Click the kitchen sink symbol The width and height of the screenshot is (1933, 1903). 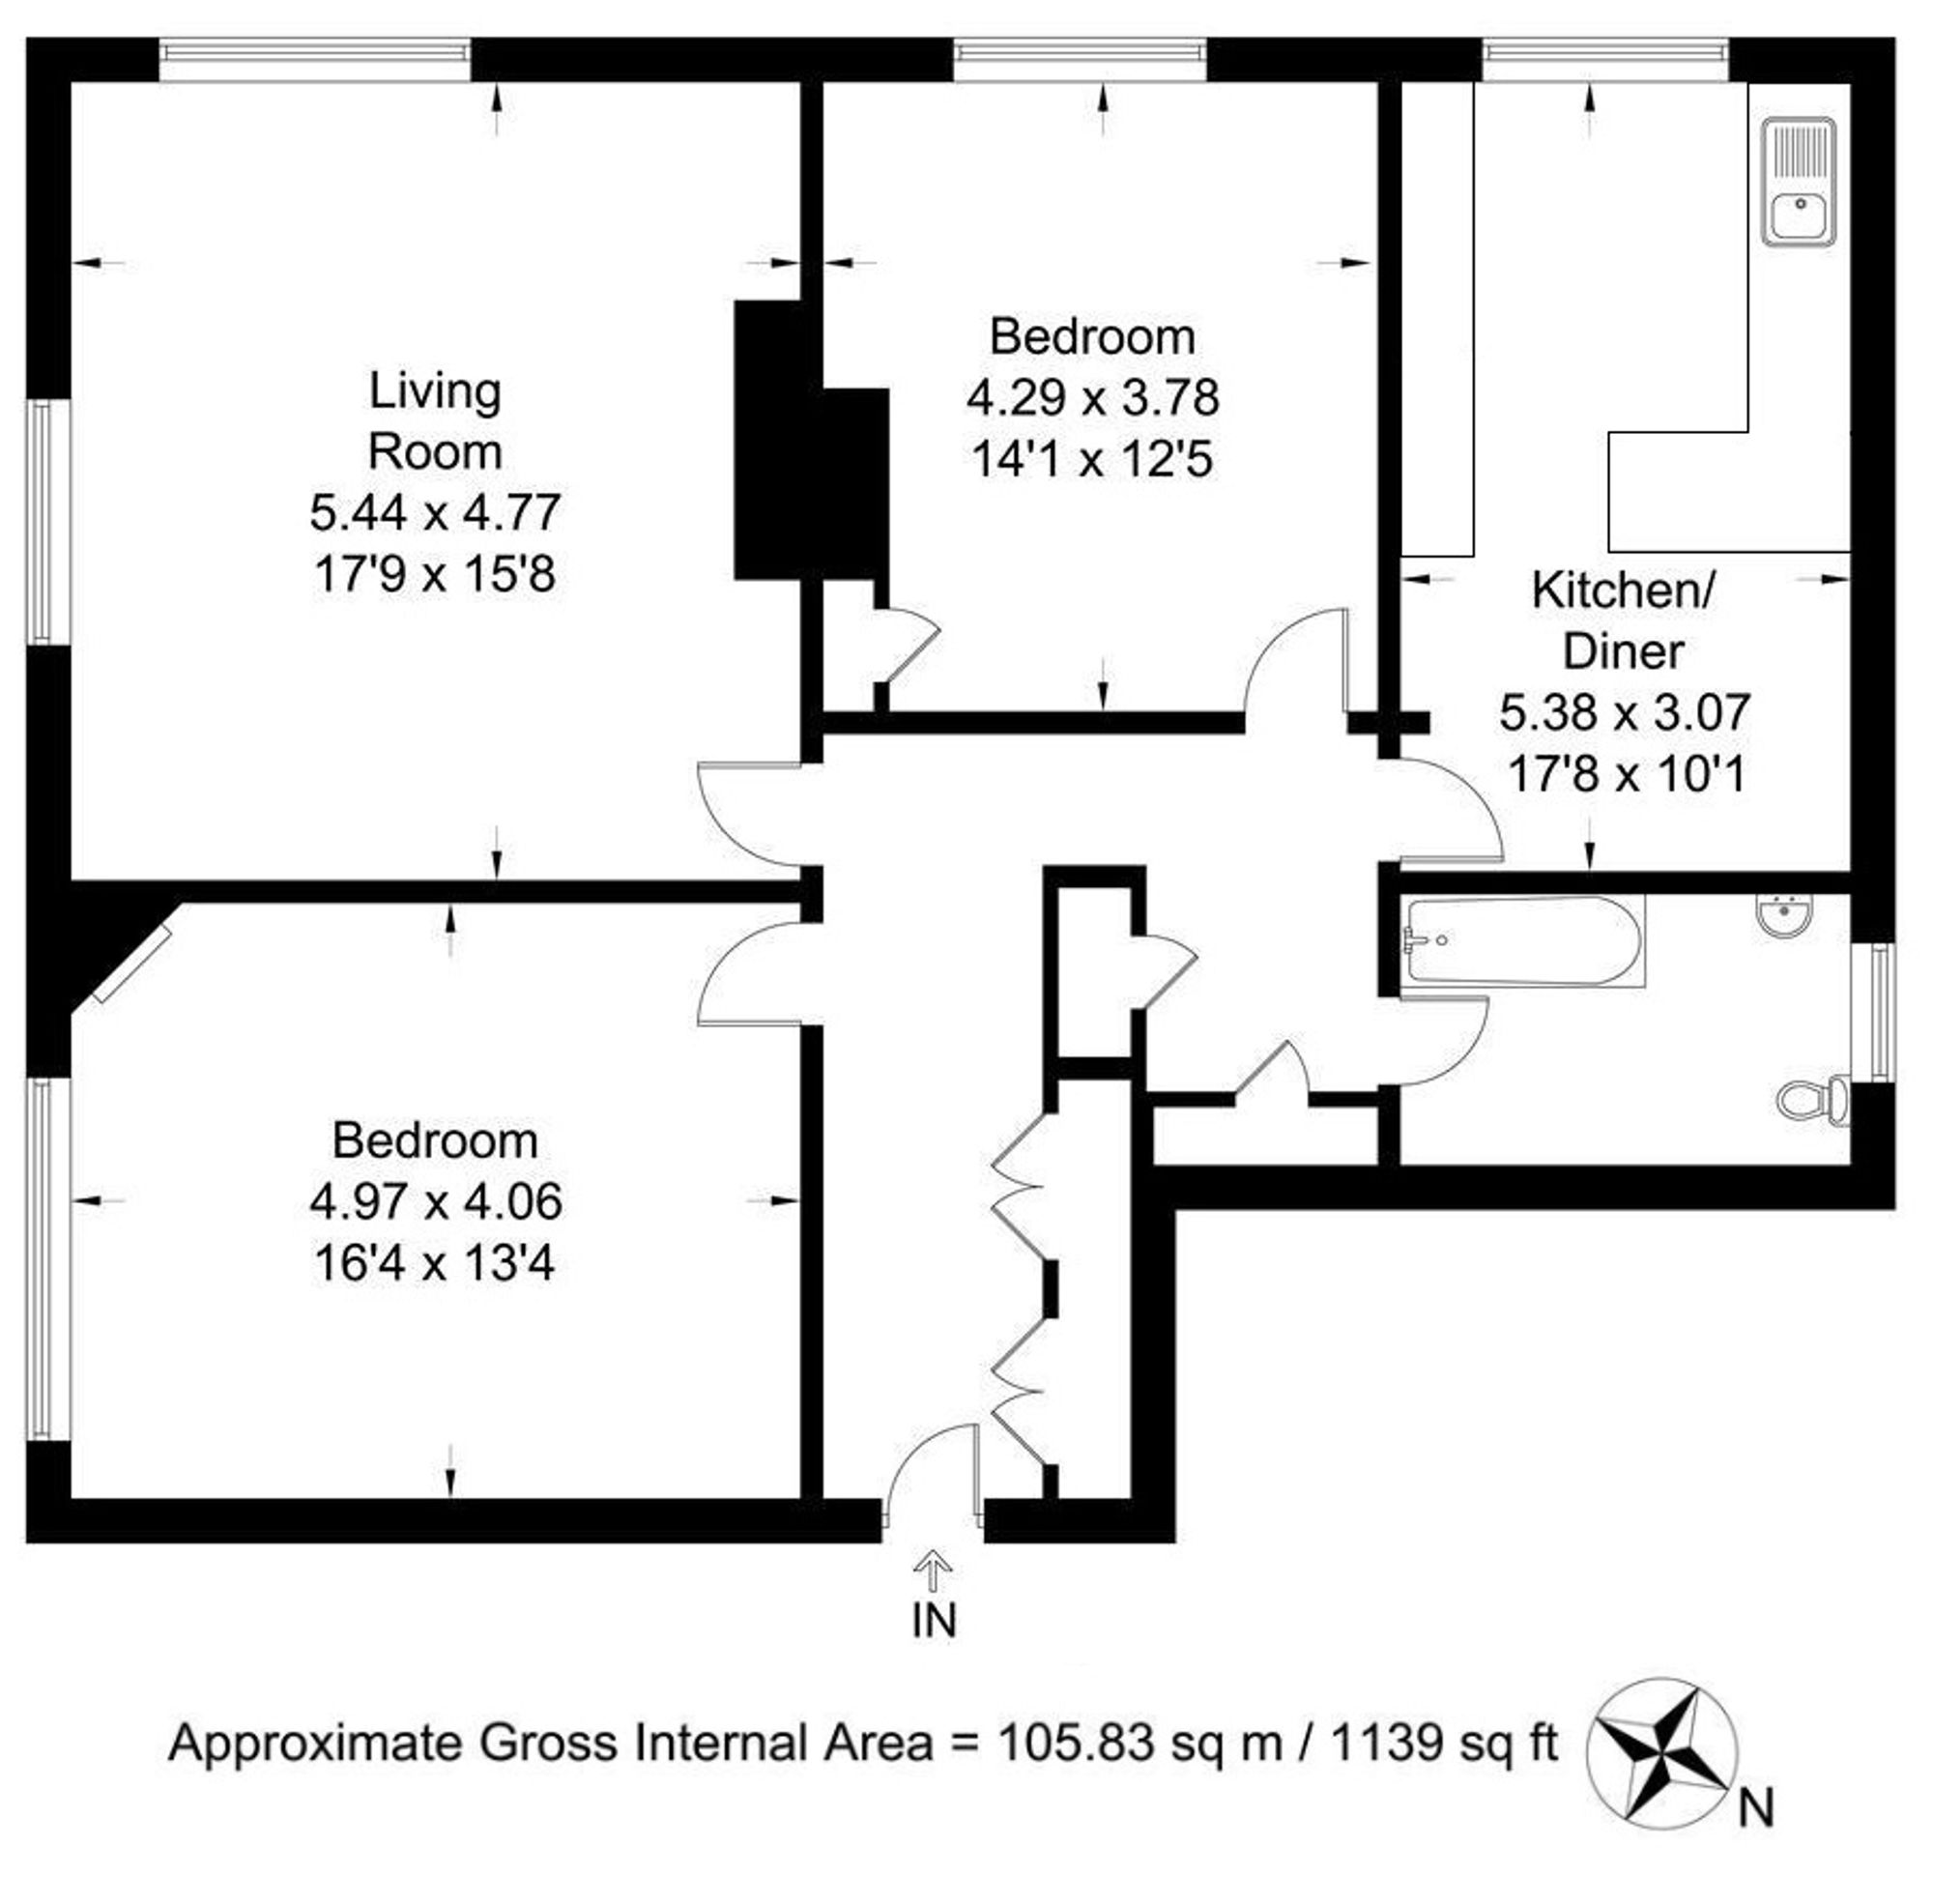pos(1798,181)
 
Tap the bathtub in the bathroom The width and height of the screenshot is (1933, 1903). pos(1522,939)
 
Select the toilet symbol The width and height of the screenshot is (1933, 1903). pos(1814,1101)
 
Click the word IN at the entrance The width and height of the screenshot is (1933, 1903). pos(934,1620)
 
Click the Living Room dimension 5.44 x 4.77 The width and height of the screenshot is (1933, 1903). pos(435,514)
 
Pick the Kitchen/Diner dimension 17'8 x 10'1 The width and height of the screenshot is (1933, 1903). pos(1625,773)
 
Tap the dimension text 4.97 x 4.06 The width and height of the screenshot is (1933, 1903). pos(436,1201)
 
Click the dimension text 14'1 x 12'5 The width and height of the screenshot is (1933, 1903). pos(1092,460)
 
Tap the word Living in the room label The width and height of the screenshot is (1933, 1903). pos(435,391)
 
